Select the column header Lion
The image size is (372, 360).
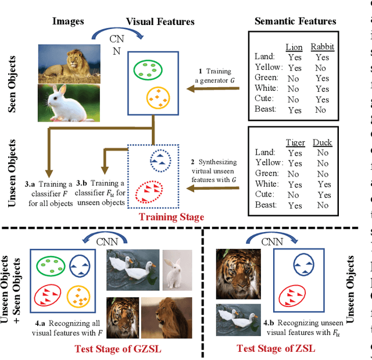(294, 47)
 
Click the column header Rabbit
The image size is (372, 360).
(321, 47)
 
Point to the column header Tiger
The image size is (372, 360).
(295, 142)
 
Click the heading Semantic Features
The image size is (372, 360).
(295, 22)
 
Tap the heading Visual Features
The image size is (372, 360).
(160, 22)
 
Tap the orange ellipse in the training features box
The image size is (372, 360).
(160, 98)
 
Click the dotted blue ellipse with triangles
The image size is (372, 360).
(159, 160)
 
